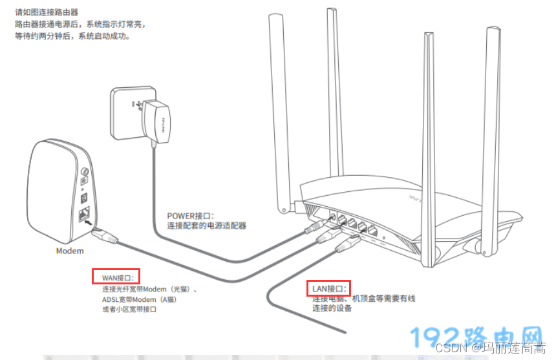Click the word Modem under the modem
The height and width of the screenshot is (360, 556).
[69, 251]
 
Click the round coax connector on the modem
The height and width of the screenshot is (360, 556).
[83, 173]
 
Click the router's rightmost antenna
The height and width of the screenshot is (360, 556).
[493, 129]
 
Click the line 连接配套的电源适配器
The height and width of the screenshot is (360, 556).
[207, 226]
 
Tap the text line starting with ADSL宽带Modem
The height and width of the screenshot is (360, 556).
[140, 299]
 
